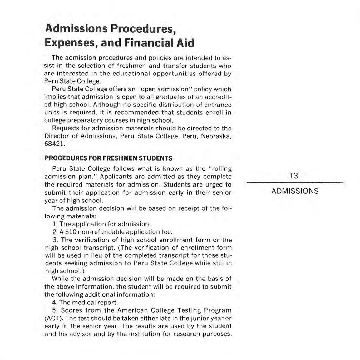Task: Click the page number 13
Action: point(294,176)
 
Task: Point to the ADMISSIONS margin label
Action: point(295,191)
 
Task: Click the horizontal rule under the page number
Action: point(295,183)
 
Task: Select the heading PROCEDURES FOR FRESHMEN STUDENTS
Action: point(108,158)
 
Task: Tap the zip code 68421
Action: point(55,144)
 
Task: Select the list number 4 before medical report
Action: point(55,302)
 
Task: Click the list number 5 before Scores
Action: point(55,310)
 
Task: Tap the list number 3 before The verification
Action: point(55,240)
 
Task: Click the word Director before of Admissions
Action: point(56,136)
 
